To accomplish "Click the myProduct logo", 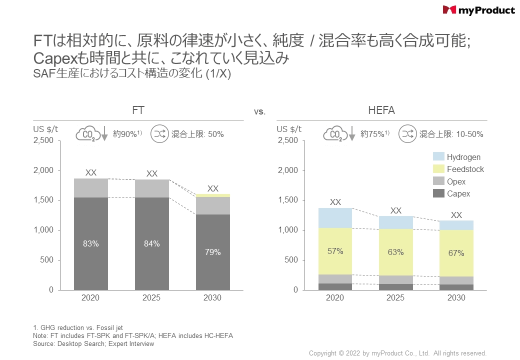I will tap(478, 10).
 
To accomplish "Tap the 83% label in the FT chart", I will tap(91, 244).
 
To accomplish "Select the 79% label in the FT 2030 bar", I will tap(213, 252).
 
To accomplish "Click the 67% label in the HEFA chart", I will tap(456, 253).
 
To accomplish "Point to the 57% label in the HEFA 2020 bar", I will tap(335, 251).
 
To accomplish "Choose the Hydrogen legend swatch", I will tap(438, 157).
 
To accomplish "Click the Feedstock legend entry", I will tap(465, 169).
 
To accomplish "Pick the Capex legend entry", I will tap(458, 194).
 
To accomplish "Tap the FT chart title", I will tap(138, 110).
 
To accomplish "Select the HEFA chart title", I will tap(381, 110).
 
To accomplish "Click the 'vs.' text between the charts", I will tap(259, 112).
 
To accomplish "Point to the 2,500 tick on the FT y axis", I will tap(43, 140).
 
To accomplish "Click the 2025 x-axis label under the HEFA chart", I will tap(395, 298).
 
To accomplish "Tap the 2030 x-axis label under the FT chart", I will tap(213, 298).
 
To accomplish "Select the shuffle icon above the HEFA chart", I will tap(407, 134).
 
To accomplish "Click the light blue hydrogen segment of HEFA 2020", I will tap(335, 218).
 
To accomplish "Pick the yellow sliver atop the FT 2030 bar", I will tap(213, 195).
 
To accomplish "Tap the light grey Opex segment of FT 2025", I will tap(152, 188).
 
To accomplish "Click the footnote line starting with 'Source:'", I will tap(93, 344).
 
